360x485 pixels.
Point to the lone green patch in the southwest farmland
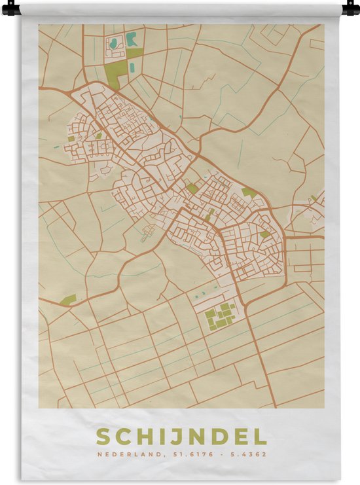(69, 300)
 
